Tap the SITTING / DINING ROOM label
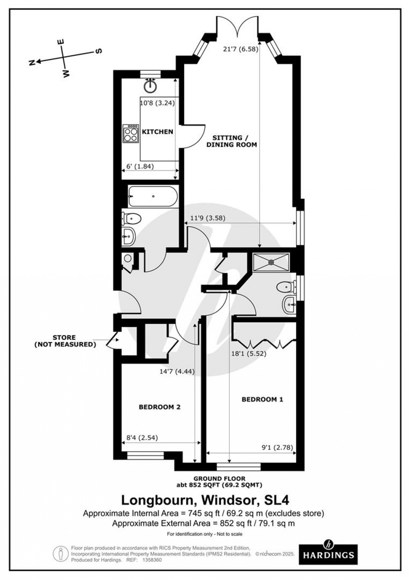232,141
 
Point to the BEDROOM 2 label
159,407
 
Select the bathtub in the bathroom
153,196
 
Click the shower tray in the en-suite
271,262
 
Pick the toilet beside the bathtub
131,219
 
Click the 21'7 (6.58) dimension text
240,49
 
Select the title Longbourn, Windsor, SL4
205,500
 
